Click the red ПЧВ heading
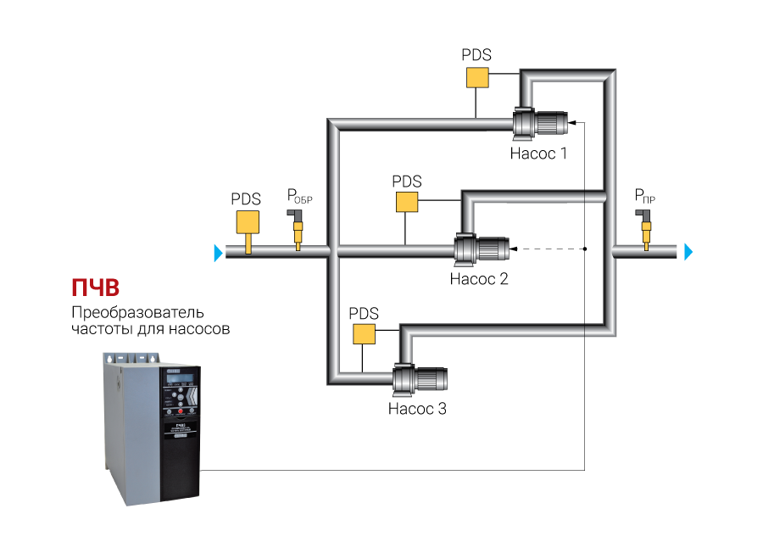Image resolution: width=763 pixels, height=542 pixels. coord(95,285)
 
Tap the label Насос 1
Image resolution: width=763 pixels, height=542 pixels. coord(537,154)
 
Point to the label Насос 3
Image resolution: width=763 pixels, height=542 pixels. coord(416,408)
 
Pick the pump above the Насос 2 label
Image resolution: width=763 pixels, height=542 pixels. coord(481,249)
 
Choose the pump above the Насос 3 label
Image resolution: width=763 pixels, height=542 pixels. coord(419,379)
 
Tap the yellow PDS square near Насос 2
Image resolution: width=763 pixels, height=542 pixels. coord(407,202)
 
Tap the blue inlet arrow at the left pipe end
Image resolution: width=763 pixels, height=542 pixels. coord(219,252)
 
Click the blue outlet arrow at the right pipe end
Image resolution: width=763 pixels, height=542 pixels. coord(688,252)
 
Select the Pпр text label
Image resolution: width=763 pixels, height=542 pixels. coord(645,198)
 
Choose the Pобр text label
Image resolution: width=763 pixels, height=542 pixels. coord(298,198)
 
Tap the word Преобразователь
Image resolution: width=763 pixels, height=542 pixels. coord(137,311)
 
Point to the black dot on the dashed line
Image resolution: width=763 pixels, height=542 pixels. coord(585,249)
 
